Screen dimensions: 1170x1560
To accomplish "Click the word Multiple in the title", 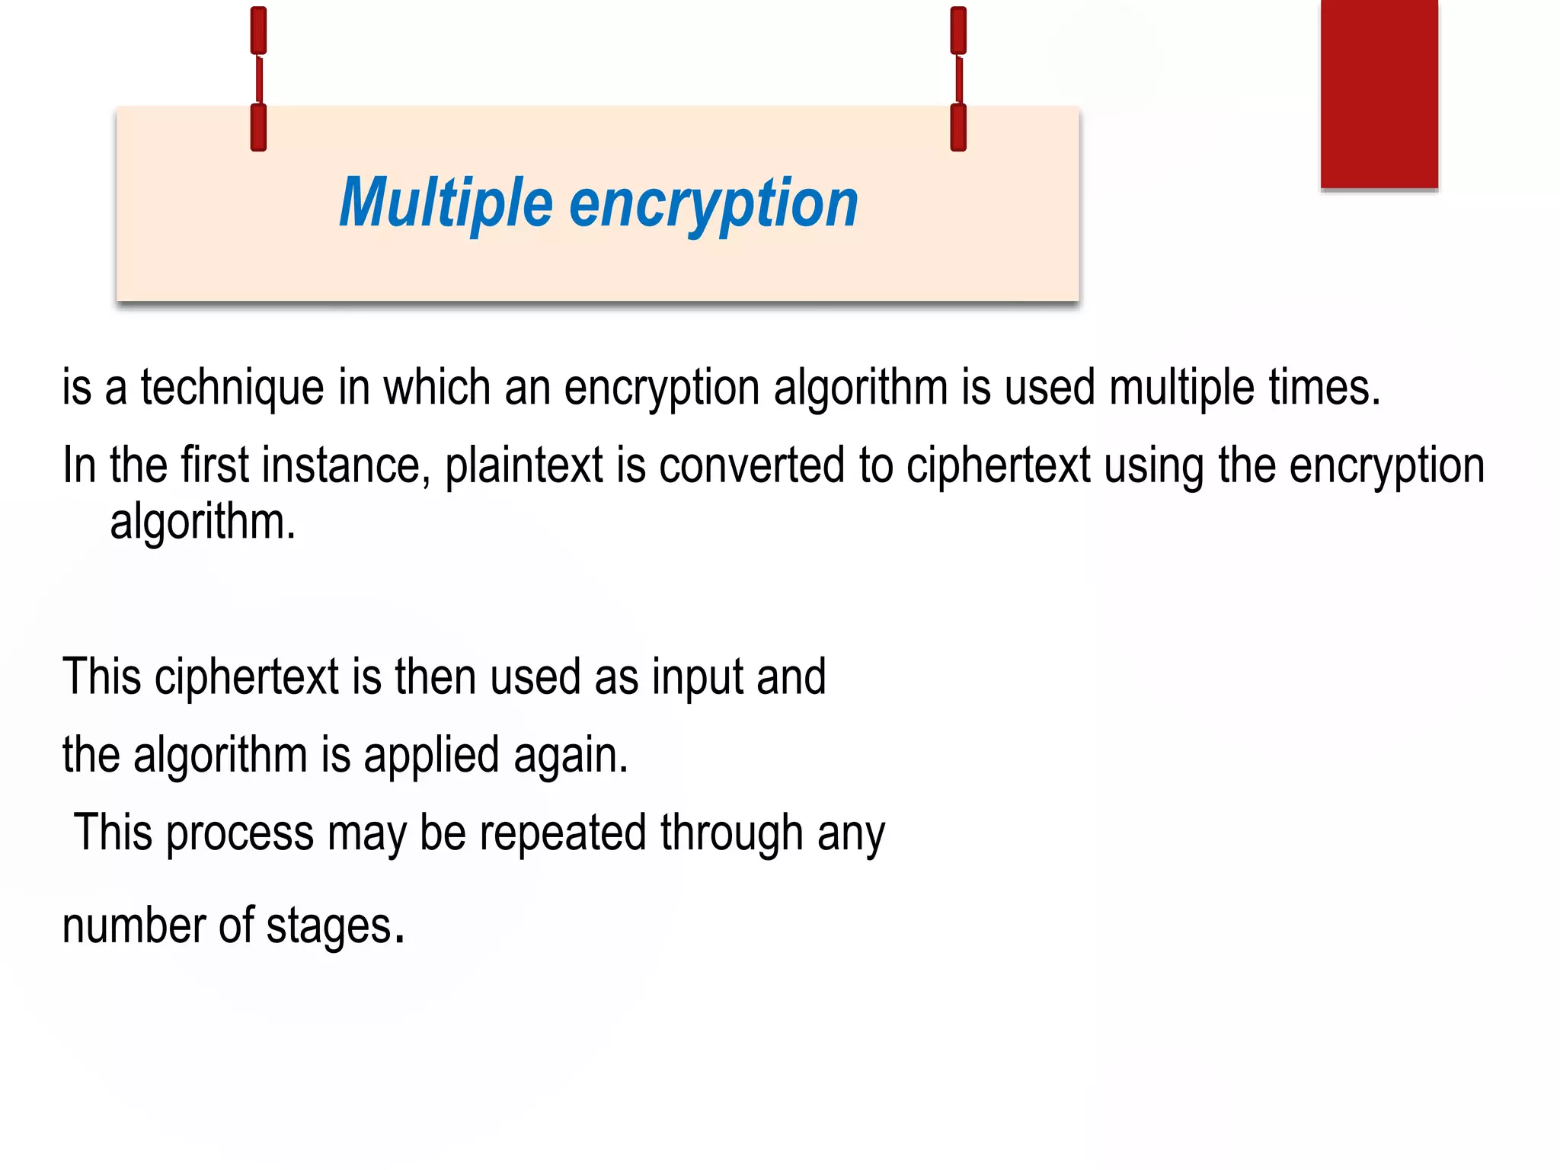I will click(x=446, y=203).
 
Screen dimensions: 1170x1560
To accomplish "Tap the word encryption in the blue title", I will click(x=714, y=204).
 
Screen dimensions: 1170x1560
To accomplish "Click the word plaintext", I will click(x=524, y=466).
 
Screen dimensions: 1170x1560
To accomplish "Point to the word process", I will click(x=240, y=834).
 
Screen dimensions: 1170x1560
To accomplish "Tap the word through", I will click(x=731, y=834).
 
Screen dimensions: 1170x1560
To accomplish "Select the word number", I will click(x=133, y=926).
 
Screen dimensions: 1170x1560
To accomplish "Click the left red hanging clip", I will click(x=259, y=79).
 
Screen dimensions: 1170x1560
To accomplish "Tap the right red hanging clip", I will click(x=958, y=79).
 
